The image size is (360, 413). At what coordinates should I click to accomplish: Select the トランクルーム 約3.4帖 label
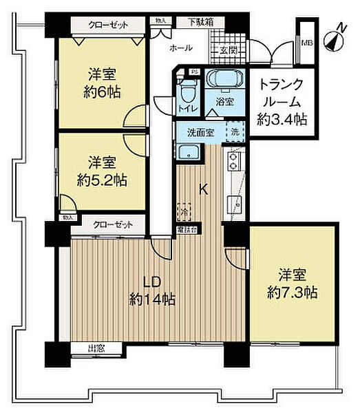pyautogui.click(x=281, y=102)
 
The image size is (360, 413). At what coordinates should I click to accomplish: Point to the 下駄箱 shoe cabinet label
pyautogui.click(x=201, y=23)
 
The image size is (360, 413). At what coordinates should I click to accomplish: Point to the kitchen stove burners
pyautogui.click(x=233, y=163)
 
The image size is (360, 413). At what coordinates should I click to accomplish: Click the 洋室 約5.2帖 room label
pyautogui.click(x=102, y=171)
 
